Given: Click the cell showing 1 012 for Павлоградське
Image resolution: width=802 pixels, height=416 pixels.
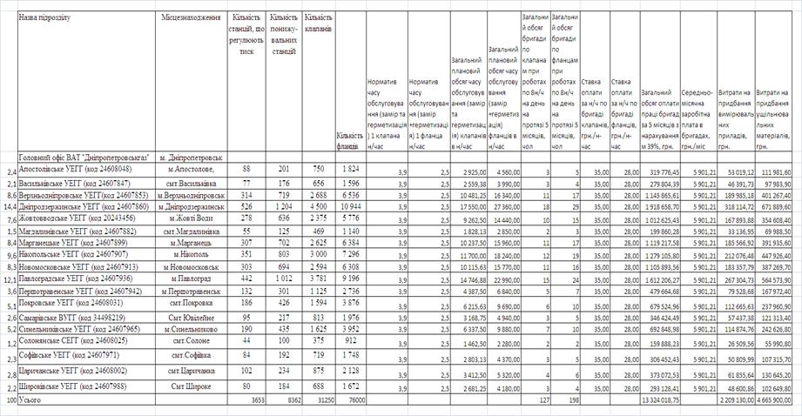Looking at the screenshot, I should click(x=280, y=280).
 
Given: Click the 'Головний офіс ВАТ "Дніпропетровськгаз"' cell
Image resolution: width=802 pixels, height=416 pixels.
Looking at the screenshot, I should click(x=83, y=157).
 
